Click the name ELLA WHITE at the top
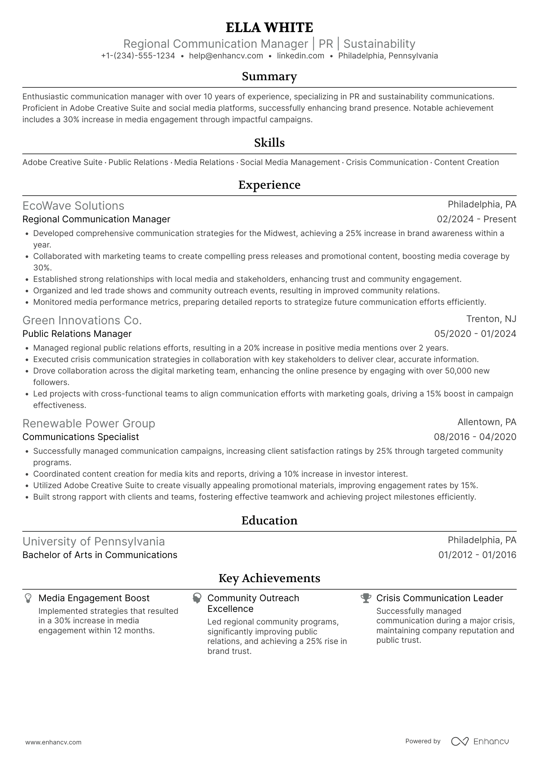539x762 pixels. tap(269, 28)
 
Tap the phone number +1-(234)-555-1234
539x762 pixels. tap(138, 56)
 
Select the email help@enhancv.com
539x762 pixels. tap(226, 56)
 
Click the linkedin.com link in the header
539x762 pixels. tap(300, 56)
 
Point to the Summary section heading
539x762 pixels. tap(269, 76)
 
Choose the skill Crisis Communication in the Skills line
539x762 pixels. tap(387, 162)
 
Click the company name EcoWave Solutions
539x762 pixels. tap(73, 206)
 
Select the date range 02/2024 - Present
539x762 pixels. tap(476, 219)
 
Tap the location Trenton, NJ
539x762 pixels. tap(491, 319)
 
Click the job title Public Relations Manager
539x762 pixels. tap(77, 334)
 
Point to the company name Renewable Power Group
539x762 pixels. tap(89, 424)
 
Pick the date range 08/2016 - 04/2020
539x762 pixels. tap(475, 437)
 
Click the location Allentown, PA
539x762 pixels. tap(487, 422)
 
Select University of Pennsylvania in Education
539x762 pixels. tap(94, 542)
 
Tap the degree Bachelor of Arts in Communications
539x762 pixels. tap(100, 555)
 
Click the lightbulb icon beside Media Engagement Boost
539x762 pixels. tap(28, 598)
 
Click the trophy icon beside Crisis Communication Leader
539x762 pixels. tap(366, 598)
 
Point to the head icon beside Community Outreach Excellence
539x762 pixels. tap(197, 598)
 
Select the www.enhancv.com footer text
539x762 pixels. tap(53, 743)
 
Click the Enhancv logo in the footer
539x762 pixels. tap(480, 741)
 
